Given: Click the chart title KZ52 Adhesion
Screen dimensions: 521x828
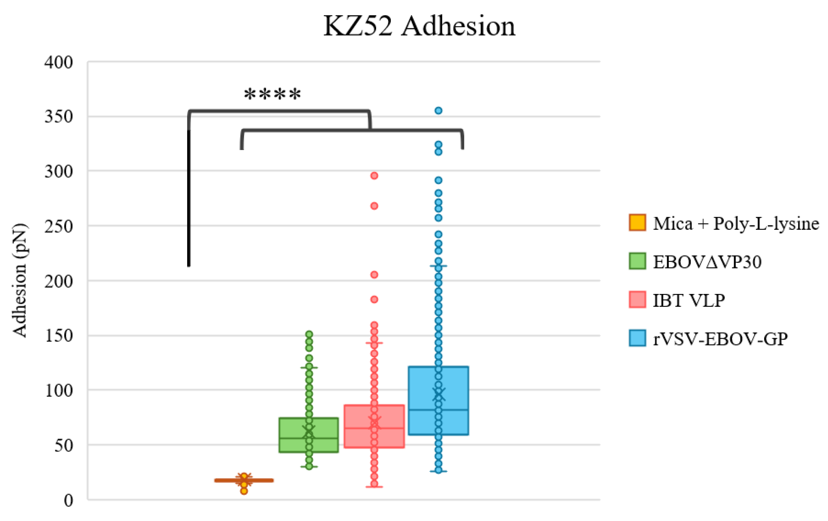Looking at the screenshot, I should (419, 26).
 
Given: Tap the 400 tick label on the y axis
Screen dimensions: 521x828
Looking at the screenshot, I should (59, 63).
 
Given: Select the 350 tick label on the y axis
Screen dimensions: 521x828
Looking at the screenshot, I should (59, 117).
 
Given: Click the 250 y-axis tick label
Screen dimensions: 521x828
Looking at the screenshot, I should (59, 227).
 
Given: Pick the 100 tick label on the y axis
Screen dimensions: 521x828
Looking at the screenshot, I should (59, 391).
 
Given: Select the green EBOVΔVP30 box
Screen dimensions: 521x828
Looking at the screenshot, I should (308, 435).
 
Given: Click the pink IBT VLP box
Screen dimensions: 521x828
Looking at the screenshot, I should (374, 426).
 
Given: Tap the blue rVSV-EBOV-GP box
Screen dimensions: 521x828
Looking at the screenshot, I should (438, 400).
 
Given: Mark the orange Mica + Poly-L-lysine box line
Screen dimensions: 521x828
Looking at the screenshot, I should (244, 480).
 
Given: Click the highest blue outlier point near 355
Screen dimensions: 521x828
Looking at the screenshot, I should (438, 111).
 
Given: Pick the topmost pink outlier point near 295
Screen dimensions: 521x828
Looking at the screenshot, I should (374, 176).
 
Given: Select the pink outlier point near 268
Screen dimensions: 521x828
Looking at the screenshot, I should (374, 206).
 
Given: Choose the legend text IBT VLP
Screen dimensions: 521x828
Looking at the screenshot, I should (688, 300).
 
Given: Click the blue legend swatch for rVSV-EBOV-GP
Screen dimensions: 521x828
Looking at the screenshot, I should (637, 338).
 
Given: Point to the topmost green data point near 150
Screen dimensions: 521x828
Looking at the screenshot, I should (309, 334).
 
